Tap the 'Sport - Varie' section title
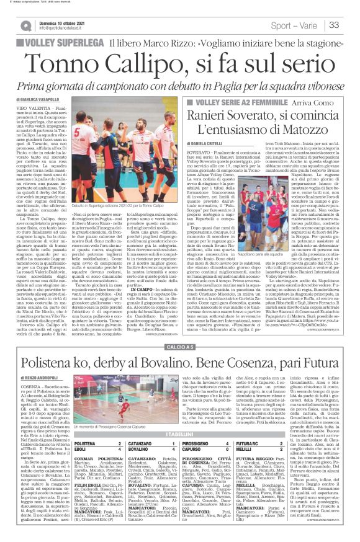coord(297,25)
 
